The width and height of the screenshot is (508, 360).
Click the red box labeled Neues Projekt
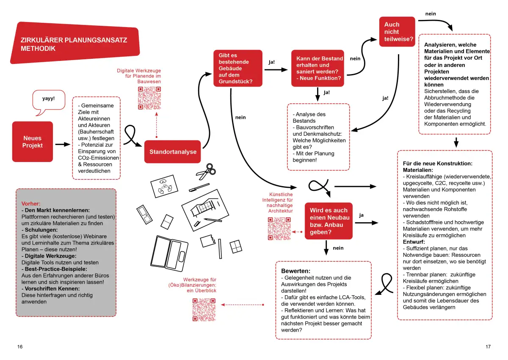click(33, 142)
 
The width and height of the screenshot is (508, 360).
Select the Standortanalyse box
click(173, 151)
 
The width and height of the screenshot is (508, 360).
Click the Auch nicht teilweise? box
click(397, 32)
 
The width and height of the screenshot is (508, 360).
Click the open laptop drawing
click(169, 253)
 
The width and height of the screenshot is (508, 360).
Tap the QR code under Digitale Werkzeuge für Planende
click(149, 98)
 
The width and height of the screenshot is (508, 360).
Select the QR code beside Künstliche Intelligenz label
click(279, 228)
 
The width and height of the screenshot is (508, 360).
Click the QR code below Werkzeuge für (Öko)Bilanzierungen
click(204, 310)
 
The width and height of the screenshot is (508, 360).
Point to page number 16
click(20, 346)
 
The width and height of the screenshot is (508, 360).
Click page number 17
click(488, 346)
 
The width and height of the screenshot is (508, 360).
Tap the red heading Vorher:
click(31, 203)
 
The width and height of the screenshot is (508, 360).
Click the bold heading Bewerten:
click(296, 271)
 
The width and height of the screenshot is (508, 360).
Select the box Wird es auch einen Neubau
click(329, 221)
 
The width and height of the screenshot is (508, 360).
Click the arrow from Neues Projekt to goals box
click(63, 144)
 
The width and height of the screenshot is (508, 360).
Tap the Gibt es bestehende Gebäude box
click(238, 68)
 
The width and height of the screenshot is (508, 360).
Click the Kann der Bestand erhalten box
click(317, 68)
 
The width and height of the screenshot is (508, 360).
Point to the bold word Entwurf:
click(414, 242)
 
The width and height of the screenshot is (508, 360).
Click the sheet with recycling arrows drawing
click(164, 186)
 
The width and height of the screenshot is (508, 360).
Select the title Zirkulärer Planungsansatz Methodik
click(74, 44)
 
